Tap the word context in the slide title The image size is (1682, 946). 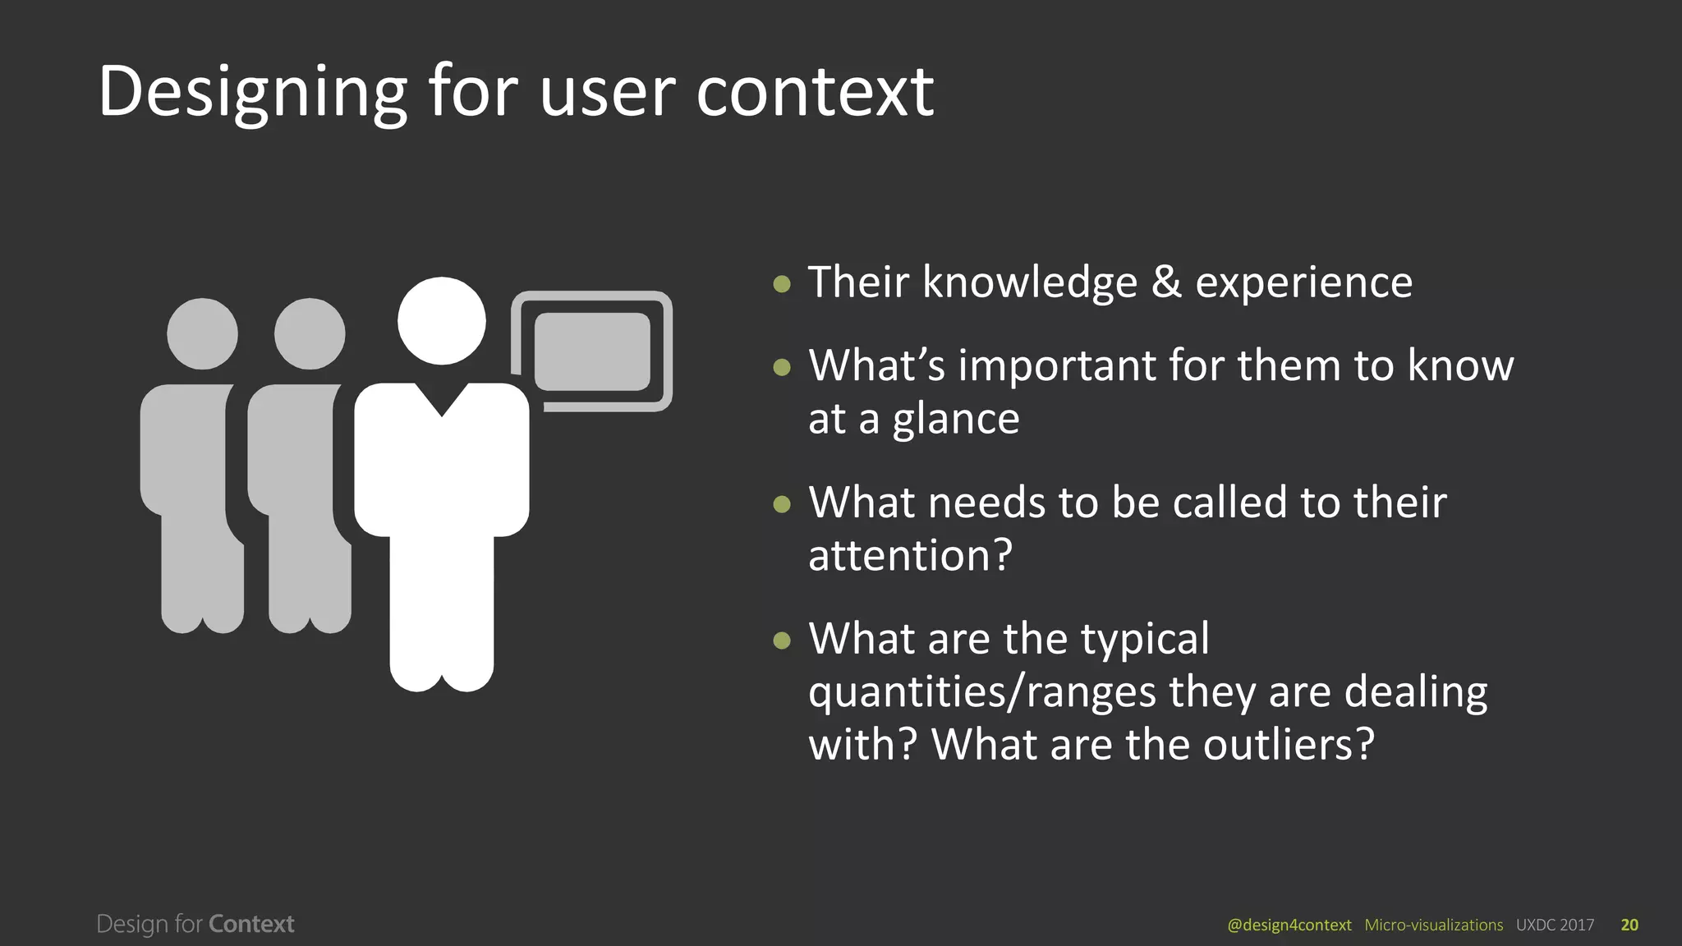[815, 92]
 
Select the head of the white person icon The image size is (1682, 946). [442, 320]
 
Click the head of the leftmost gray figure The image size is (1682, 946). [202, 333]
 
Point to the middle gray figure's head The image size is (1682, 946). [310, 333]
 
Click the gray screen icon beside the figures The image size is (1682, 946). [592, 351]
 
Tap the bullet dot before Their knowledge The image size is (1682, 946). [782, 284]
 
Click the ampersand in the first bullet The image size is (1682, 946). [1165, 282]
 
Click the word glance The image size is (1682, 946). [956, 420]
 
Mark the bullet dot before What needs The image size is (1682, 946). [782, 503]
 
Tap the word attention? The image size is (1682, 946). [910, 556]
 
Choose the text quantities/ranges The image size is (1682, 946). [982, 692]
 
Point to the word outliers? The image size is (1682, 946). [1289, 745]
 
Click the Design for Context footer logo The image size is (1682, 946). [195, 924]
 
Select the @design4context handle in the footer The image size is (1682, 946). [1289, 925]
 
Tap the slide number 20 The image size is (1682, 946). [1629, 925]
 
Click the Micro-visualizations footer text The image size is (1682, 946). [1433, 925]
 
